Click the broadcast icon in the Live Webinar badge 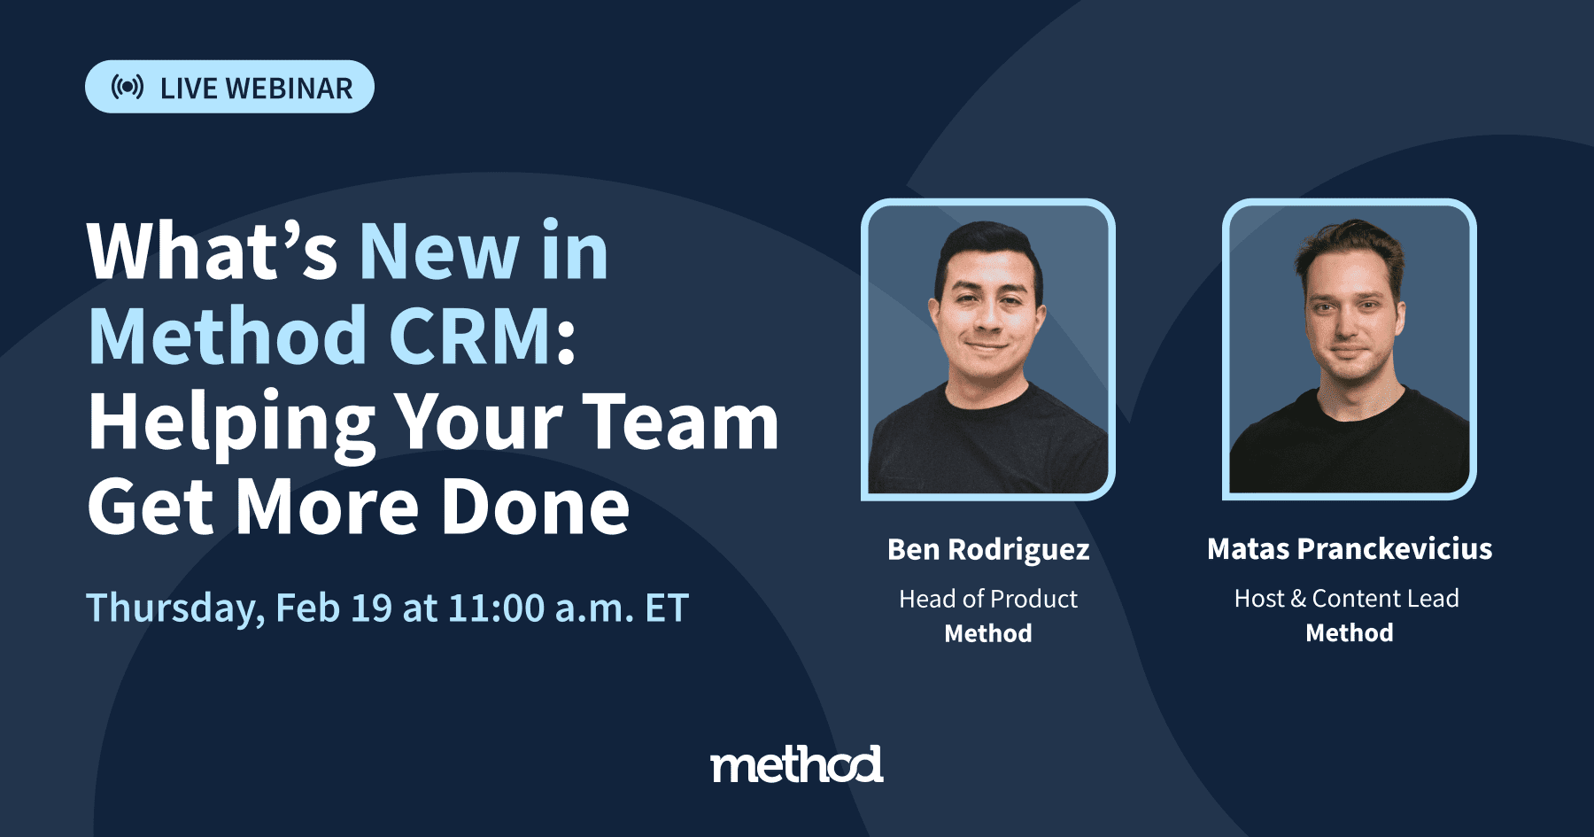coord(127,87)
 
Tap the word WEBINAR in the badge coord(289,89)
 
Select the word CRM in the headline coord(470,336)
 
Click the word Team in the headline coord(680,422)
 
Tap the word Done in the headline coord(535,507)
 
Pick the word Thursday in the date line coord(174,608)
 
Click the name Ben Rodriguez coord(988,549)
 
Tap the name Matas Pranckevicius coord(1349,549)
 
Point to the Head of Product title coord(988,599)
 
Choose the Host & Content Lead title coord(1346,599)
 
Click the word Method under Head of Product coord(988,633)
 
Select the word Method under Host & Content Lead coord(1349,632)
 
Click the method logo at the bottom coord(796,764)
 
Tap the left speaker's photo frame coord(987,349)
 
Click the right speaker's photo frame coord(1349,349)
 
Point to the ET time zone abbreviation coord(667,608)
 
